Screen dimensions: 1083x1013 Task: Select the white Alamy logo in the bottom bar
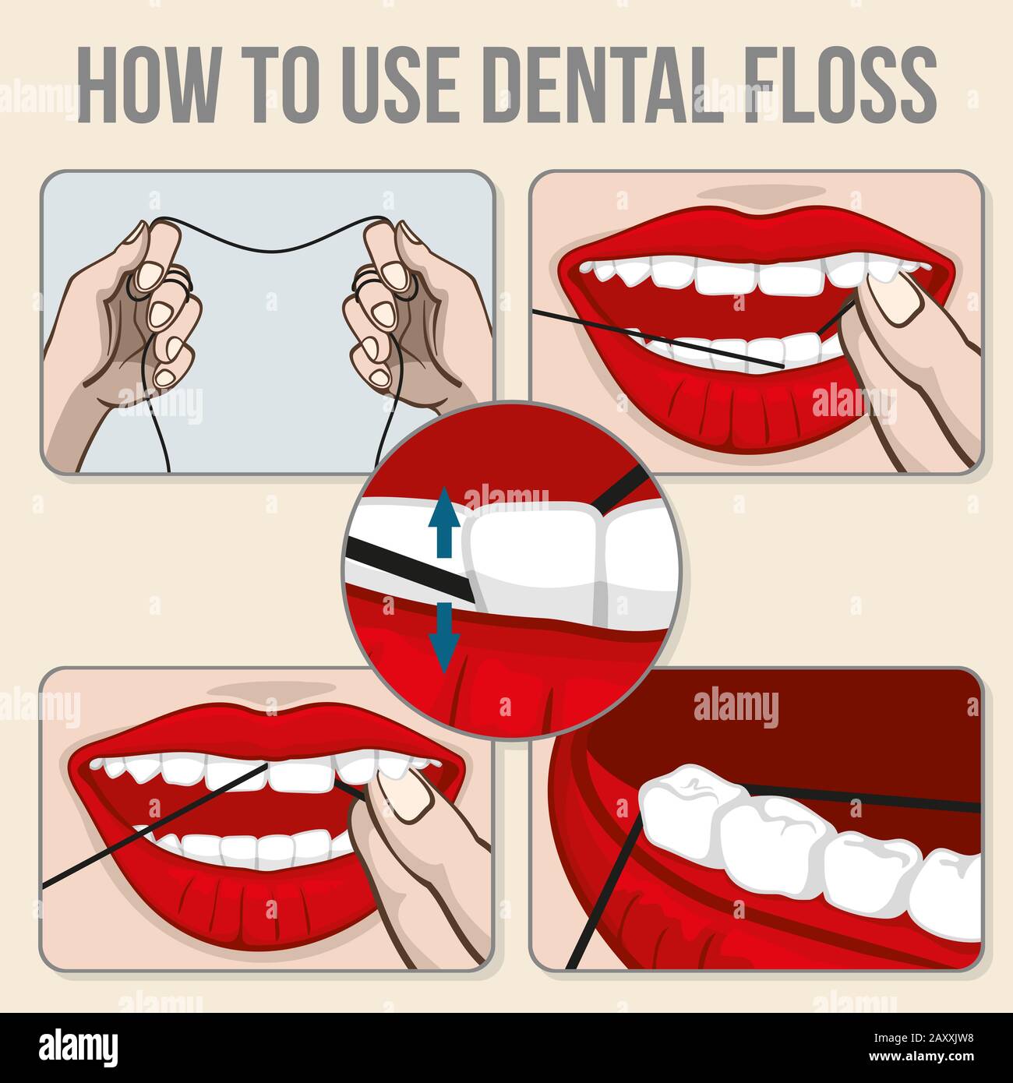79,1045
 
